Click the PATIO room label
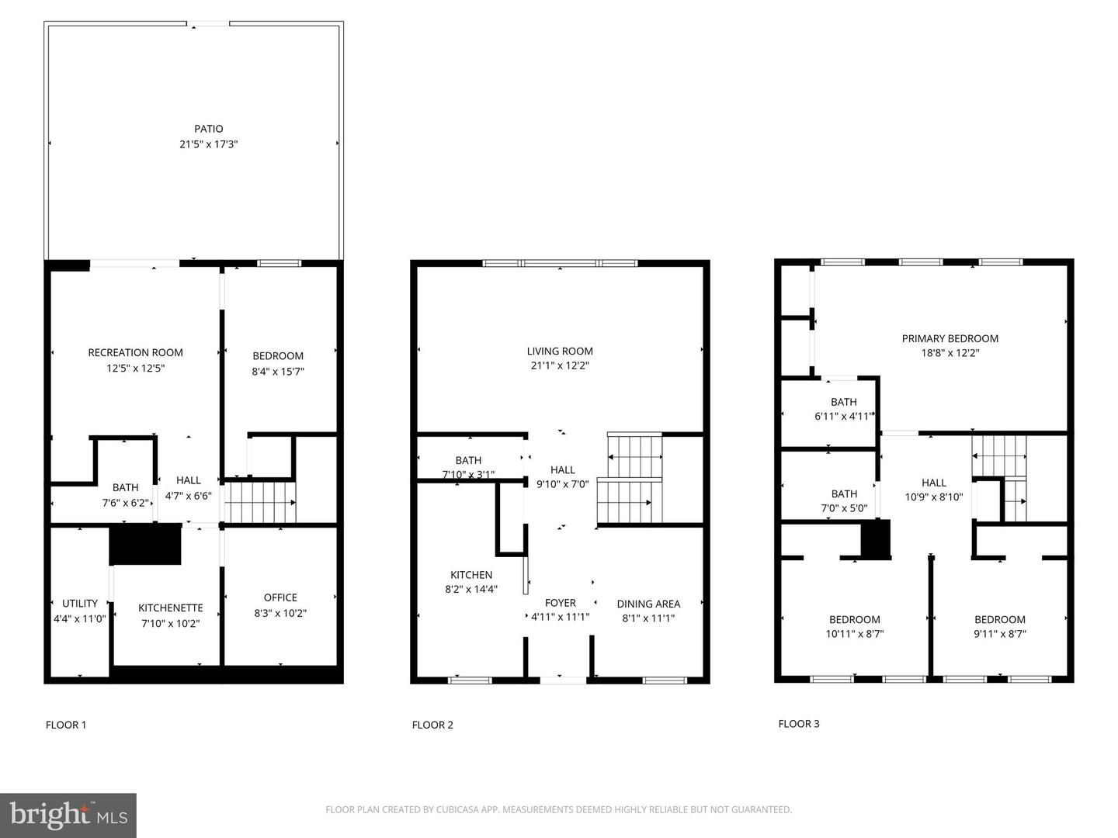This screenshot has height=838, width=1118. point(208,129)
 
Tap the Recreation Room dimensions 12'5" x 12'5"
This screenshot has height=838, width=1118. point(136,368)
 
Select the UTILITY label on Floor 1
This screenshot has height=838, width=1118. point(80,604)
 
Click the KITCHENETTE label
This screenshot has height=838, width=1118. point(171,608)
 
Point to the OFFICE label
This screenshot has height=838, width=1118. point(280,597)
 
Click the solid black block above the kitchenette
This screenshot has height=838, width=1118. point(145,544)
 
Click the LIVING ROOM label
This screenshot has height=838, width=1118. point(560,351)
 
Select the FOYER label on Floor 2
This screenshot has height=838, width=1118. point(560,603)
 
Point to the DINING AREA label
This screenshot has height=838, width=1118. point(648,604)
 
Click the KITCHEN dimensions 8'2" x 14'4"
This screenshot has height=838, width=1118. point(470,589)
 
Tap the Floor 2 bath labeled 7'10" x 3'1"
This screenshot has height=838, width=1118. point(468,467)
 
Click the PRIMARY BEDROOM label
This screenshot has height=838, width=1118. point(950,338)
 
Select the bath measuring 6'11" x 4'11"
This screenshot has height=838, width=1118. point(843,409)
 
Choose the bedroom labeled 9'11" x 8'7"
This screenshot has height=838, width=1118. point(1000,626)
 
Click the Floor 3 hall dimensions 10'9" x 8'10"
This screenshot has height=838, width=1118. point(934,497)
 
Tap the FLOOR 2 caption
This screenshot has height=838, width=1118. point(432,725)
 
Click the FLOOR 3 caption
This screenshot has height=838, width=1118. point(799,723)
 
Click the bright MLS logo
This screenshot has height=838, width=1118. point(68,815)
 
